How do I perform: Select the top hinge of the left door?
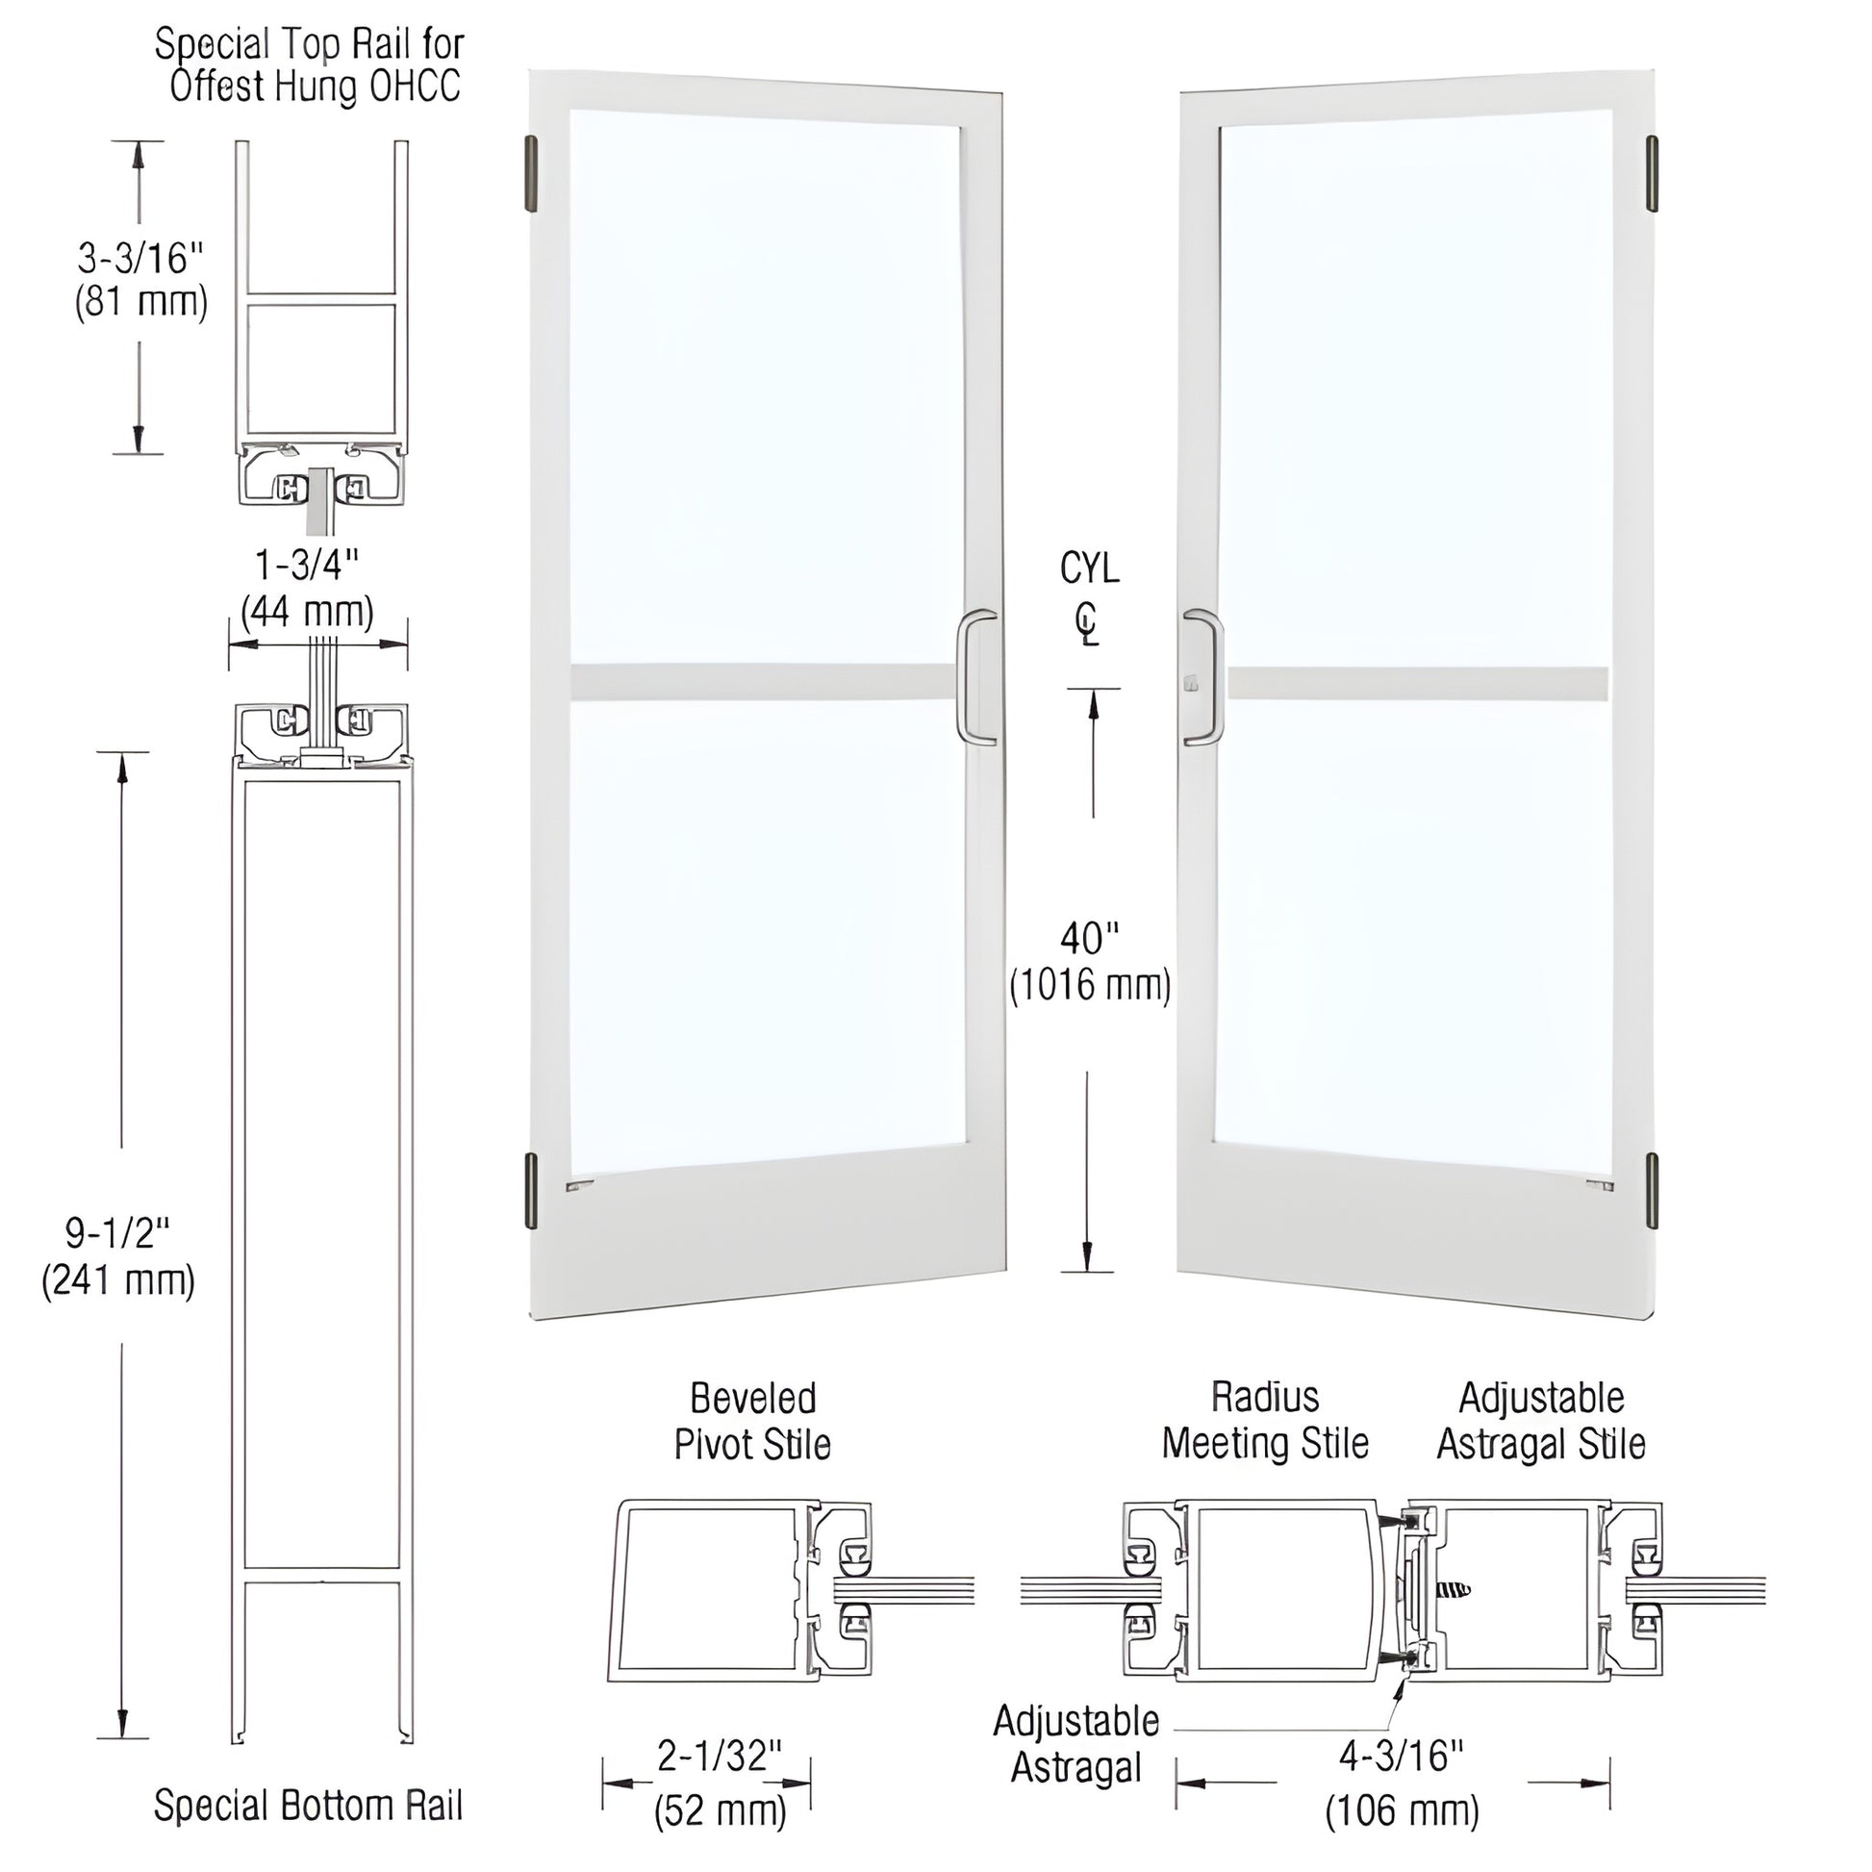point(531,173)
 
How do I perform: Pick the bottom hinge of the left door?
point(531,1191)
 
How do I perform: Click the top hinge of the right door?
point(1652,173)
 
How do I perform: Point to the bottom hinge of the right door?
point(1652,1191)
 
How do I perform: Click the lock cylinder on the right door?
point(1190,685)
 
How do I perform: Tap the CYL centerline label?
point(1089,595)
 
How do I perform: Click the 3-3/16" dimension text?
point(141,259)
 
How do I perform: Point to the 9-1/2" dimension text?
point(118,1232)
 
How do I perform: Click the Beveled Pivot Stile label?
point(753,1422)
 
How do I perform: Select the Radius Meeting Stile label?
point(1265,1421)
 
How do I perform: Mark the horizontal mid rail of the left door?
point(766,681)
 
